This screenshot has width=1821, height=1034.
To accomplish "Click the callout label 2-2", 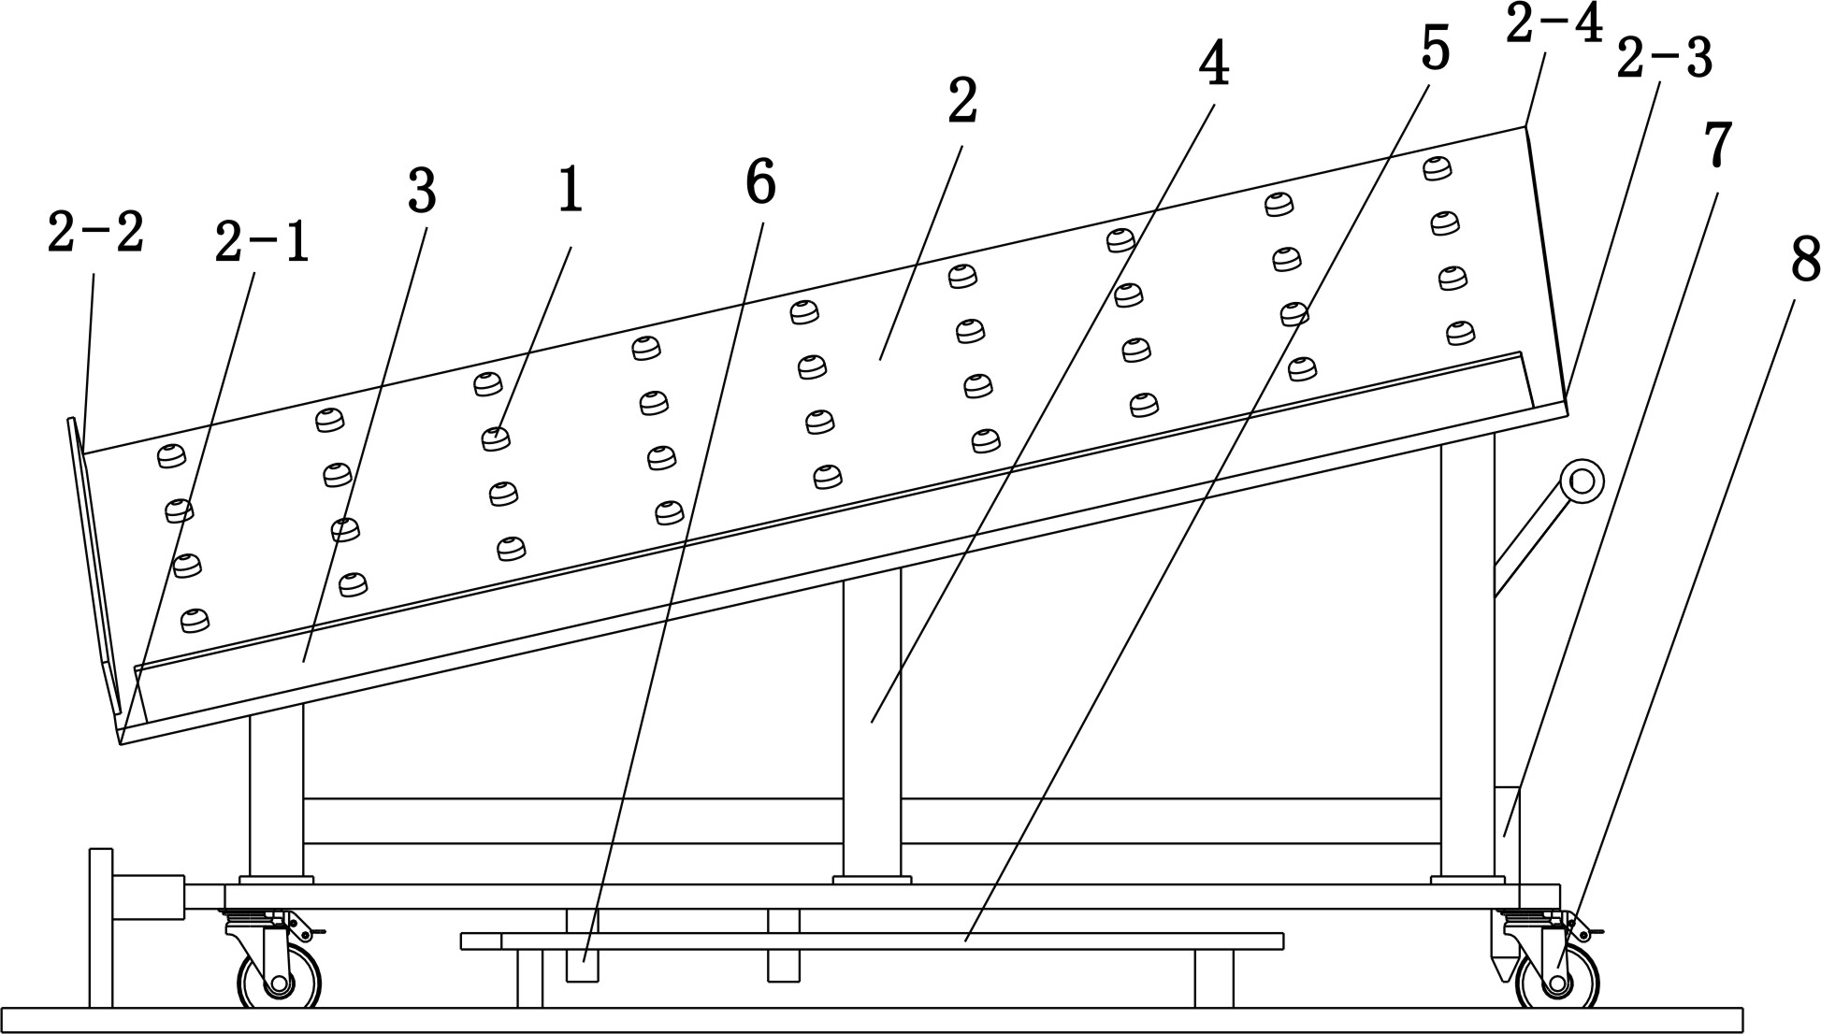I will click(x=95, y=234).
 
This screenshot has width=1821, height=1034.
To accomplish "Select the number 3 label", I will click(x=422, y=192).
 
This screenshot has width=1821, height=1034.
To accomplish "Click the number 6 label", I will click(x=760, y=182).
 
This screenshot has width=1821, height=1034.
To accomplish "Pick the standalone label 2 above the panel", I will click(x=962, y=102).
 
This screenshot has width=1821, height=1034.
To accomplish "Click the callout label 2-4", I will click(x=1554, y=25).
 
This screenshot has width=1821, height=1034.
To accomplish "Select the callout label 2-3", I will click(x=1664, y=59).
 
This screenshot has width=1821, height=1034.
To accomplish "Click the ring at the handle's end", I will click(x=1582, y=481).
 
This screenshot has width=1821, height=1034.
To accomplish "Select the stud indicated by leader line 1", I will click(x=495, y=438).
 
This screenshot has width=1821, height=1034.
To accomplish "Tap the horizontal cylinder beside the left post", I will click(x=148, y=897).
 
